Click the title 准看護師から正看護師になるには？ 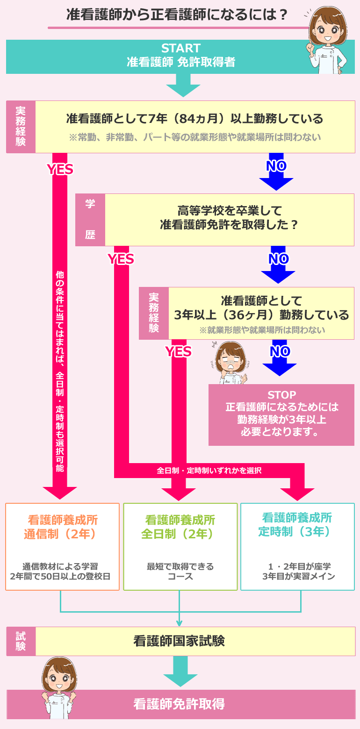click(x=177, y=15)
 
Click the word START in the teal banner click(x=180, y=48)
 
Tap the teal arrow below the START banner click(x=183, y=85)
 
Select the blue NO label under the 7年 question click(x=276, y=165)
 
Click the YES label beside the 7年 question click(x=60, y=169)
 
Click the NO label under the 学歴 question click(x=278, y=258)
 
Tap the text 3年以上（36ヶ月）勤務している click(x=261, y=314)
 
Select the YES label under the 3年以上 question click(x=179, y=351)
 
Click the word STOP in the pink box click(x=281, y=395)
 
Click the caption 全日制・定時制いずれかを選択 click(x=209, y=471)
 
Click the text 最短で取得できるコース click(x=180, y=571)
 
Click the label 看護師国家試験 click(x=179, y=641)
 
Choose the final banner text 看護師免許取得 click(x=179, y=704)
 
